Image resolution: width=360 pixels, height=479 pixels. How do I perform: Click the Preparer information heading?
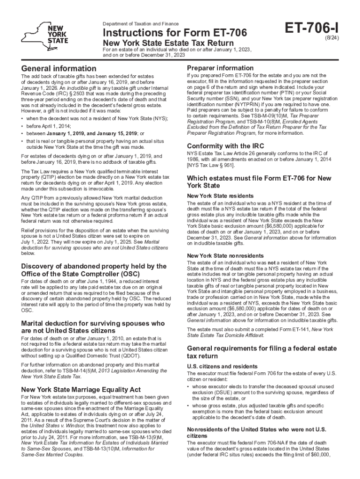pyautogui.click(x=220, y=68)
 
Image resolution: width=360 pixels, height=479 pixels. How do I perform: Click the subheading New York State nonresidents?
pyautogui.click(x=219, y=256)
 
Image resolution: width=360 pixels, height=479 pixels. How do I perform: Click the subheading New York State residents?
pyautogui.click(x=214, y=196)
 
